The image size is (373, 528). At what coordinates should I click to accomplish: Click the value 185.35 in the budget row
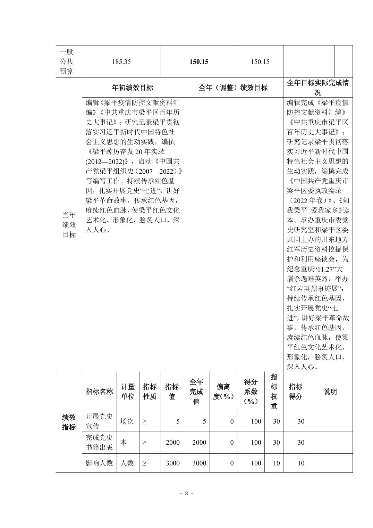click(121, 62)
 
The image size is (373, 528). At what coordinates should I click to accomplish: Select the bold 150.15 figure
click(199, 62)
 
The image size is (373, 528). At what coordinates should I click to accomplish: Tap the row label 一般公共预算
click(66, 61)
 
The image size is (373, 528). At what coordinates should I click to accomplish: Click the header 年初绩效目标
click(132, 88)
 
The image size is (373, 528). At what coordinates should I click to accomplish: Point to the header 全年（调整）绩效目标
click(233, 88)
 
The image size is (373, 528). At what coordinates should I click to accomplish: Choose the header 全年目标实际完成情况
click(317, 88)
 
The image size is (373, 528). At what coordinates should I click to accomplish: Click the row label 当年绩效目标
click(69, 224)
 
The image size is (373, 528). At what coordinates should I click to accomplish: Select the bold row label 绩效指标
click(69, 422)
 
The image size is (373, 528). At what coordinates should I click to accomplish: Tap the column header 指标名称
click(99, 391)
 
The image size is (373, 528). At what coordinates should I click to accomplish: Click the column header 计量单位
click(128, 391)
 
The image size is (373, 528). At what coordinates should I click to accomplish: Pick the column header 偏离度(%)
click(223, 391)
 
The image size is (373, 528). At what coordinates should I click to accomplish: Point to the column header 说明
click(330, 391)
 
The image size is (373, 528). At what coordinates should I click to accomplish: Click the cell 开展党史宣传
click(99, 421)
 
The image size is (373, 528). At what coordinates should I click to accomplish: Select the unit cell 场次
click(127, 421)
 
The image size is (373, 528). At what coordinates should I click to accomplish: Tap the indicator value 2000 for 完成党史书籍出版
click(172, 442)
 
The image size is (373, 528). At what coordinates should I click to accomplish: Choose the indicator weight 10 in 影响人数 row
click(276, 463)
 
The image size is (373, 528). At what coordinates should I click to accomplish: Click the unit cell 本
click(124, 442)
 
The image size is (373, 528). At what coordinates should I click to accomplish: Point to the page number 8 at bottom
click(186, 493)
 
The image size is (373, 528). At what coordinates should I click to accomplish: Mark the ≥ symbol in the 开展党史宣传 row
click(144, 422)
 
